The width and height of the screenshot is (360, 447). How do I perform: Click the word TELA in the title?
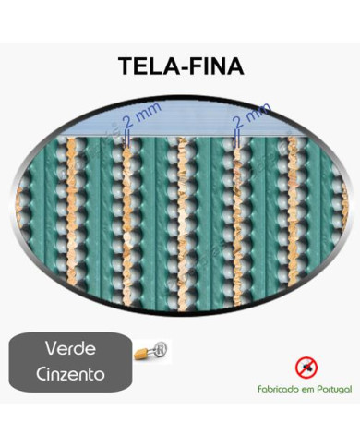[145, 67]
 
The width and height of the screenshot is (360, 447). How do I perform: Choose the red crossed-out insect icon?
[305, 367]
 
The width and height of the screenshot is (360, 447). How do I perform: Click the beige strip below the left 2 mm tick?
[126, 222]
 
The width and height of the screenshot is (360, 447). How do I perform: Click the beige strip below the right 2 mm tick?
[238, 222]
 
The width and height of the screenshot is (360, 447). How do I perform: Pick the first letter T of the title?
[126, 67]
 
